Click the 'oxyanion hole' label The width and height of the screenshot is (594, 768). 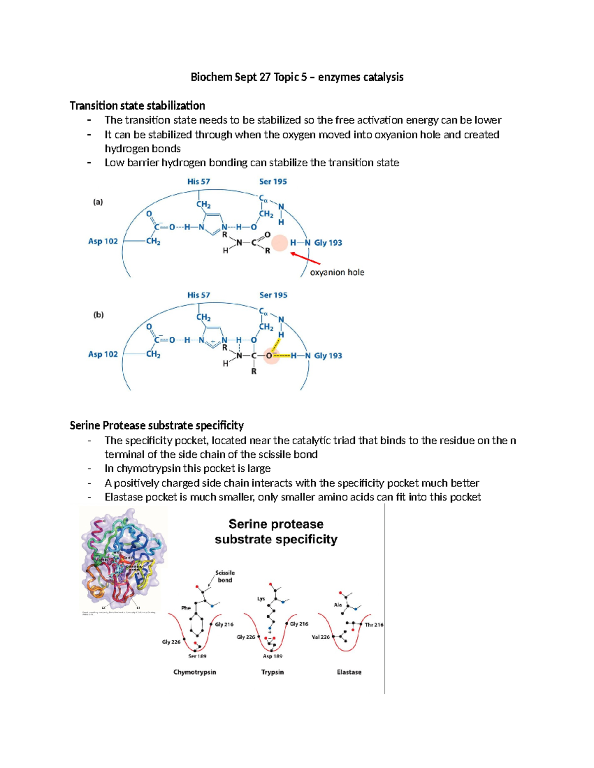337,272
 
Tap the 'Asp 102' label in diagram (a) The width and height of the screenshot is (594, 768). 103,241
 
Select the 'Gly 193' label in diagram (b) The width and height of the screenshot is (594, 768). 328,356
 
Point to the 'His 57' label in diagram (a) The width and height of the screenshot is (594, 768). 198,181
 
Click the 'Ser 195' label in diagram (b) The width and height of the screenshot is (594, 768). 273,295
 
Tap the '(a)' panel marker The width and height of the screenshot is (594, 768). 98,202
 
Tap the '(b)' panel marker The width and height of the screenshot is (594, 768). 99,315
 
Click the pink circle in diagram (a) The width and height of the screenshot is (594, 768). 280,243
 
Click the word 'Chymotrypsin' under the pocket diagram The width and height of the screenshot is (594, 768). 195,672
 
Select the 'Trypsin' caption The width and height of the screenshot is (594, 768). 272,672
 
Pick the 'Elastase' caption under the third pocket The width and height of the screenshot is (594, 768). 349,672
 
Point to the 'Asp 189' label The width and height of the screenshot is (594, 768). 272,656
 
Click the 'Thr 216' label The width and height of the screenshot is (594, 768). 374,625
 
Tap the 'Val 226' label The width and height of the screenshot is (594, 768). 321,637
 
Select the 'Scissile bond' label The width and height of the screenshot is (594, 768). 225,576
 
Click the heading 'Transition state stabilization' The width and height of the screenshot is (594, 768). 137,106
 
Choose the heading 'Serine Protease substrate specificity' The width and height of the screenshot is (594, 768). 156,426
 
